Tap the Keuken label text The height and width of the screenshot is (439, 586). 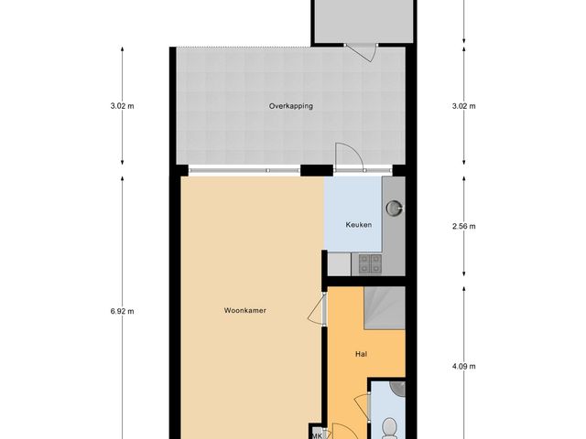(x=358, y=225)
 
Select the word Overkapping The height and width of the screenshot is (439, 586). (x=290, y=106)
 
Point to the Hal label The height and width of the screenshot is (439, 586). (x=361, y=353)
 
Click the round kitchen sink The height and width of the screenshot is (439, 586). (x=394, y=208)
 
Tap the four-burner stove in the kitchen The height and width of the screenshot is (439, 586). (x=370, y=263)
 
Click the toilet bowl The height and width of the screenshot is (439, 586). (x=389, y=427)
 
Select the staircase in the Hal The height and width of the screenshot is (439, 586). (x=384, y=306)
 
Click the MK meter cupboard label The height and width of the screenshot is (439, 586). (x=317, y=435)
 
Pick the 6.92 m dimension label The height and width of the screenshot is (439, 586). (x=122, y=311)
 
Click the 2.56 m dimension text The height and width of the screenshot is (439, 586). (x=464, y=226)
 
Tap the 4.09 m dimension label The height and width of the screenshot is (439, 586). (x=464, y=367)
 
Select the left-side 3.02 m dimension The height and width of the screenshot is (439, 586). (x=122, y=106)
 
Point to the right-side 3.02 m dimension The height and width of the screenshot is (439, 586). (x=464, y=106)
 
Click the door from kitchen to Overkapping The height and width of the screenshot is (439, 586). (x=349, y=158)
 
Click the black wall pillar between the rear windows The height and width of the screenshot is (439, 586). (x=316, y=169)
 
